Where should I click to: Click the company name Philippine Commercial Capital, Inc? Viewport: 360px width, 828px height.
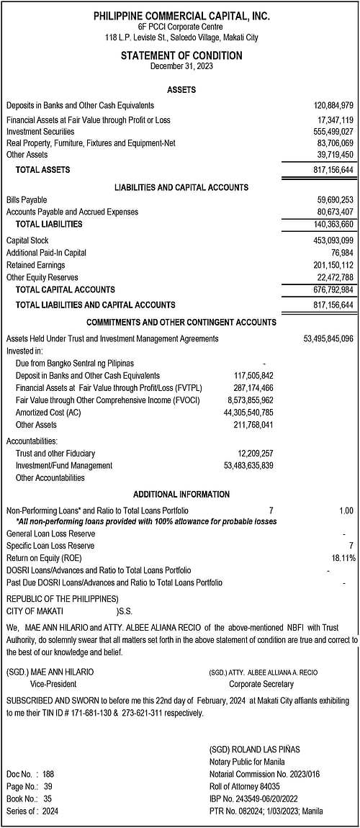181,16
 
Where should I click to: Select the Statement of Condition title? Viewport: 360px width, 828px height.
181,55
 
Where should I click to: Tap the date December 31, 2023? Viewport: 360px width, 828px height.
181,66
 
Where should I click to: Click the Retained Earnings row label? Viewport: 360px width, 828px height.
35,266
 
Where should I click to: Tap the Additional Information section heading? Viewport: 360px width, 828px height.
181,495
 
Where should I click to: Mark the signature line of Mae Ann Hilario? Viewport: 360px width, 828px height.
50,672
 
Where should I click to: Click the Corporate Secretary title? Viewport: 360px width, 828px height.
261,684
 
